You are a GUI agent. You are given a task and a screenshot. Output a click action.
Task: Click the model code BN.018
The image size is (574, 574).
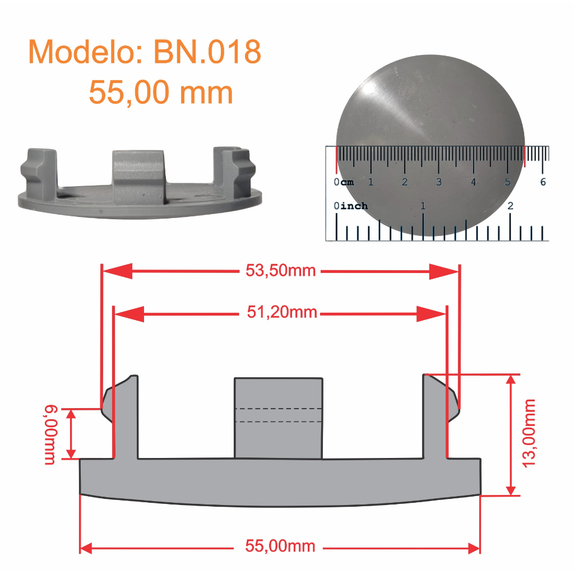click(207, 52)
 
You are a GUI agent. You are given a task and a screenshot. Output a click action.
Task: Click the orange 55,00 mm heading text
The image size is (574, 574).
click(161, 92)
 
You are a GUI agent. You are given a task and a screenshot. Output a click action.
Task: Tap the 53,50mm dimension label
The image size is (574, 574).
click(280, 271)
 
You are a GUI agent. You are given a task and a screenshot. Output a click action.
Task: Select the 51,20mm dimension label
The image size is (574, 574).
click(281, 313)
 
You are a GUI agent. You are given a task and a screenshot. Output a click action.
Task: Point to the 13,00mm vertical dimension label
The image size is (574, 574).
click(529, 433)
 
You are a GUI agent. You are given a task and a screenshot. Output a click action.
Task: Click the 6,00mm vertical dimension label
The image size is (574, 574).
click(50, 434)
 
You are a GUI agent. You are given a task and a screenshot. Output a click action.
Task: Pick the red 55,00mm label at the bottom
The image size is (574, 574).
click(280, 546)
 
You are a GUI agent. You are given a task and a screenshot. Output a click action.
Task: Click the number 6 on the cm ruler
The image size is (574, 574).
click(543, 182)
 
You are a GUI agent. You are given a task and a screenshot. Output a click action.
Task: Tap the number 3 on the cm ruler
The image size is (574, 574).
click(438, 182)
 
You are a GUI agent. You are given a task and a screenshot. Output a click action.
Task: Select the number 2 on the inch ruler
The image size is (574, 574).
click(510, 206)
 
